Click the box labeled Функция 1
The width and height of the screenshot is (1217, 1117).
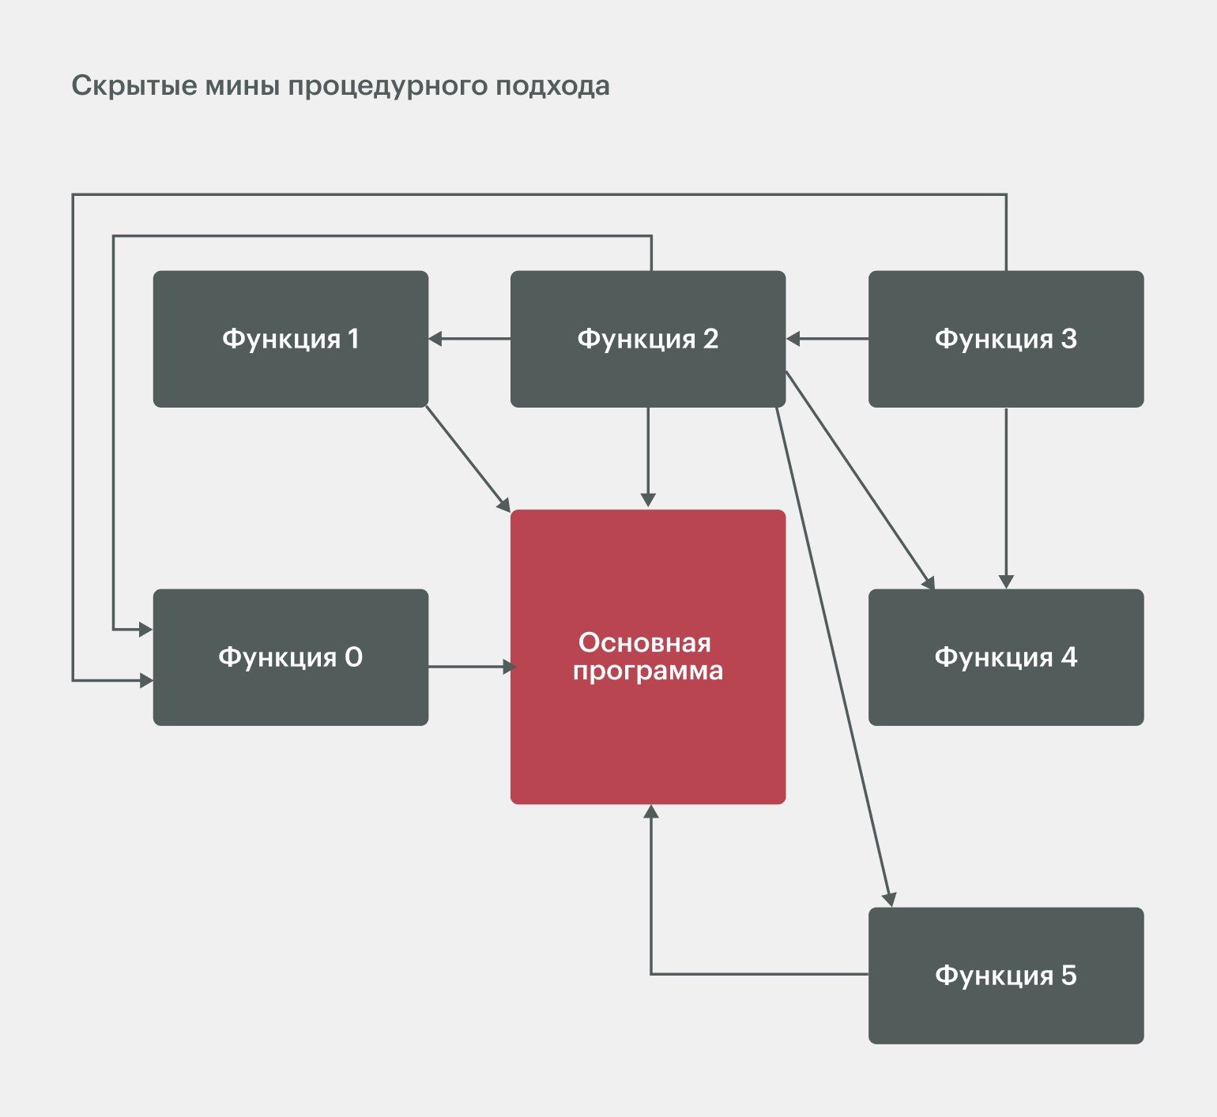coord(291,339)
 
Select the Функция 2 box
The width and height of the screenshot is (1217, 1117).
coord(648,339)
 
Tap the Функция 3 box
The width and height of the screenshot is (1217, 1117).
coord(1006,339)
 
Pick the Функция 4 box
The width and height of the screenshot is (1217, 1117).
coord(1006,657)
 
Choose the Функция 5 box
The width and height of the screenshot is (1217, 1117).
coord(1006,976)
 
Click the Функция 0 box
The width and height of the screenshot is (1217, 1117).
coord(291,657)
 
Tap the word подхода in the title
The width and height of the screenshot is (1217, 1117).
coord(552,85)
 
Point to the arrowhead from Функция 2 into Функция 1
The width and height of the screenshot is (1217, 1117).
coord(435,339)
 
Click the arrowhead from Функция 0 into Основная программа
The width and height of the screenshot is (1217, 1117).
coord(509,668)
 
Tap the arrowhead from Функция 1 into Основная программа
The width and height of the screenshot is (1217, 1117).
coord(503,503)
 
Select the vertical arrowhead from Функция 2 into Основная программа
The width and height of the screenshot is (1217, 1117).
coord(648,500)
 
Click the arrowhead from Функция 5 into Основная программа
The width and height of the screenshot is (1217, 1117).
coord(651,812)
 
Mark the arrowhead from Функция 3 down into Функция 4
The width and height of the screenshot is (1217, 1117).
coord(1006,581)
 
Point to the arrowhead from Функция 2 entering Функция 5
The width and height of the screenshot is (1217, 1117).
coord(889,899)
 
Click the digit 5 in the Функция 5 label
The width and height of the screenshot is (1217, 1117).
coord(1068,976)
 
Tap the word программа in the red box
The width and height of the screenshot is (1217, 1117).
coord(648,671)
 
